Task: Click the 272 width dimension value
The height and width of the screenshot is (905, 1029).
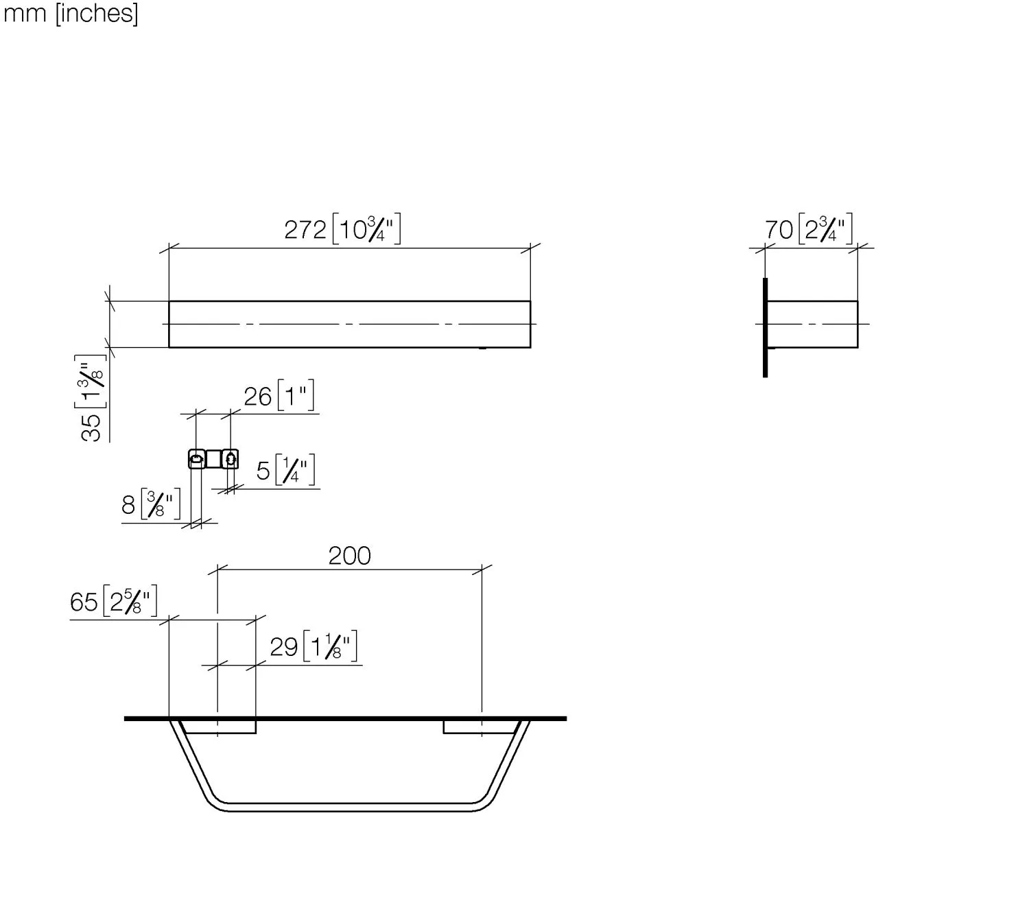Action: tap(305, 230)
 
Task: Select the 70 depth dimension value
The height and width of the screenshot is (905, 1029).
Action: tap(779, 230)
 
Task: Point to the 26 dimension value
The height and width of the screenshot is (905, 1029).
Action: tap(258, 397)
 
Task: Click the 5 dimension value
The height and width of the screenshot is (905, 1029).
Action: tap(263, 471)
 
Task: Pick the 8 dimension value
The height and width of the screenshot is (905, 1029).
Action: tap(128, 506)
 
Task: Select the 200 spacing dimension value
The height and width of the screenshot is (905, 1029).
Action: tap(349, 556)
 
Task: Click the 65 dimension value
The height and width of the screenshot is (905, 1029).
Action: tap(84, 602)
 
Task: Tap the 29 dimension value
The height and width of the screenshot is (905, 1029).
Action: tap(283, 647)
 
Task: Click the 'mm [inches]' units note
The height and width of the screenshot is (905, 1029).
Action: tap(71, 14)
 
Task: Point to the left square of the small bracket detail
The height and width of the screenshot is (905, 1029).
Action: tap(196, 458)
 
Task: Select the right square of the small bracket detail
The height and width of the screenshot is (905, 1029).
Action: tap(230, 458)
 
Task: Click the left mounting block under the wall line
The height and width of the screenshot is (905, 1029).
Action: tap(220, 727)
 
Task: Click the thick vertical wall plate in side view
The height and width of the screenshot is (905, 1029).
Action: tap(765, 328)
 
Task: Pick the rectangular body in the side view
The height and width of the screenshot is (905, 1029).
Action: tap(812, 324)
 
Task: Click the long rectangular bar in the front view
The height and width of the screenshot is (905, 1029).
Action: tap(349, 324)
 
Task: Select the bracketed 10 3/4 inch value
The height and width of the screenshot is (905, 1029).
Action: tap(366, 230)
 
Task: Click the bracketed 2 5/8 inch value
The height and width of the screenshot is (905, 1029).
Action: tap(130, 602)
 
